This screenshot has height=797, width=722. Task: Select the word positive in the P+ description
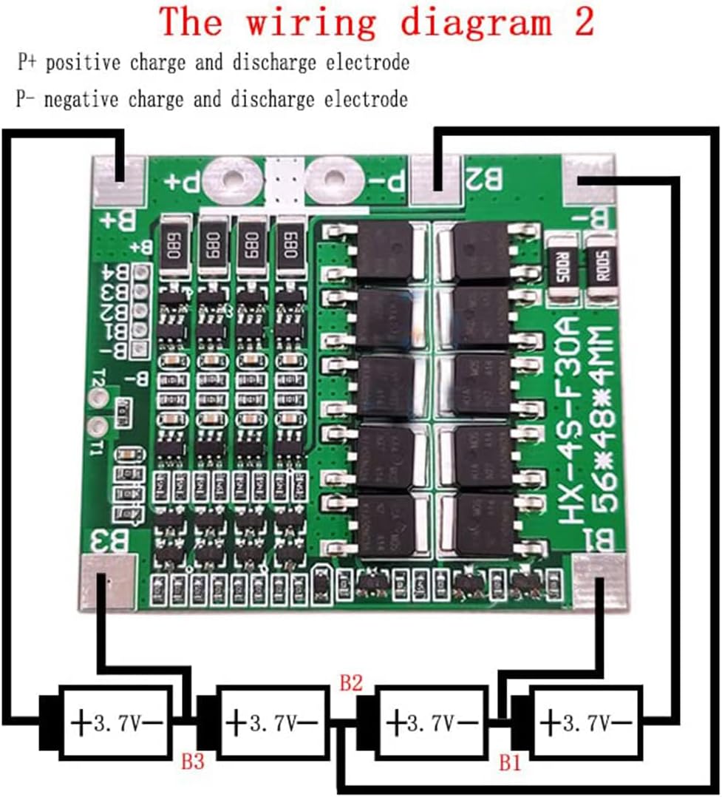[85, 63]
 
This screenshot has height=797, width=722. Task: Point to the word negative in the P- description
[83, 99]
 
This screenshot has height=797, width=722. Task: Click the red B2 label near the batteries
[351, 682]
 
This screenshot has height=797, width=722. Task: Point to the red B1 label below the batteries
[510, 762]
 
